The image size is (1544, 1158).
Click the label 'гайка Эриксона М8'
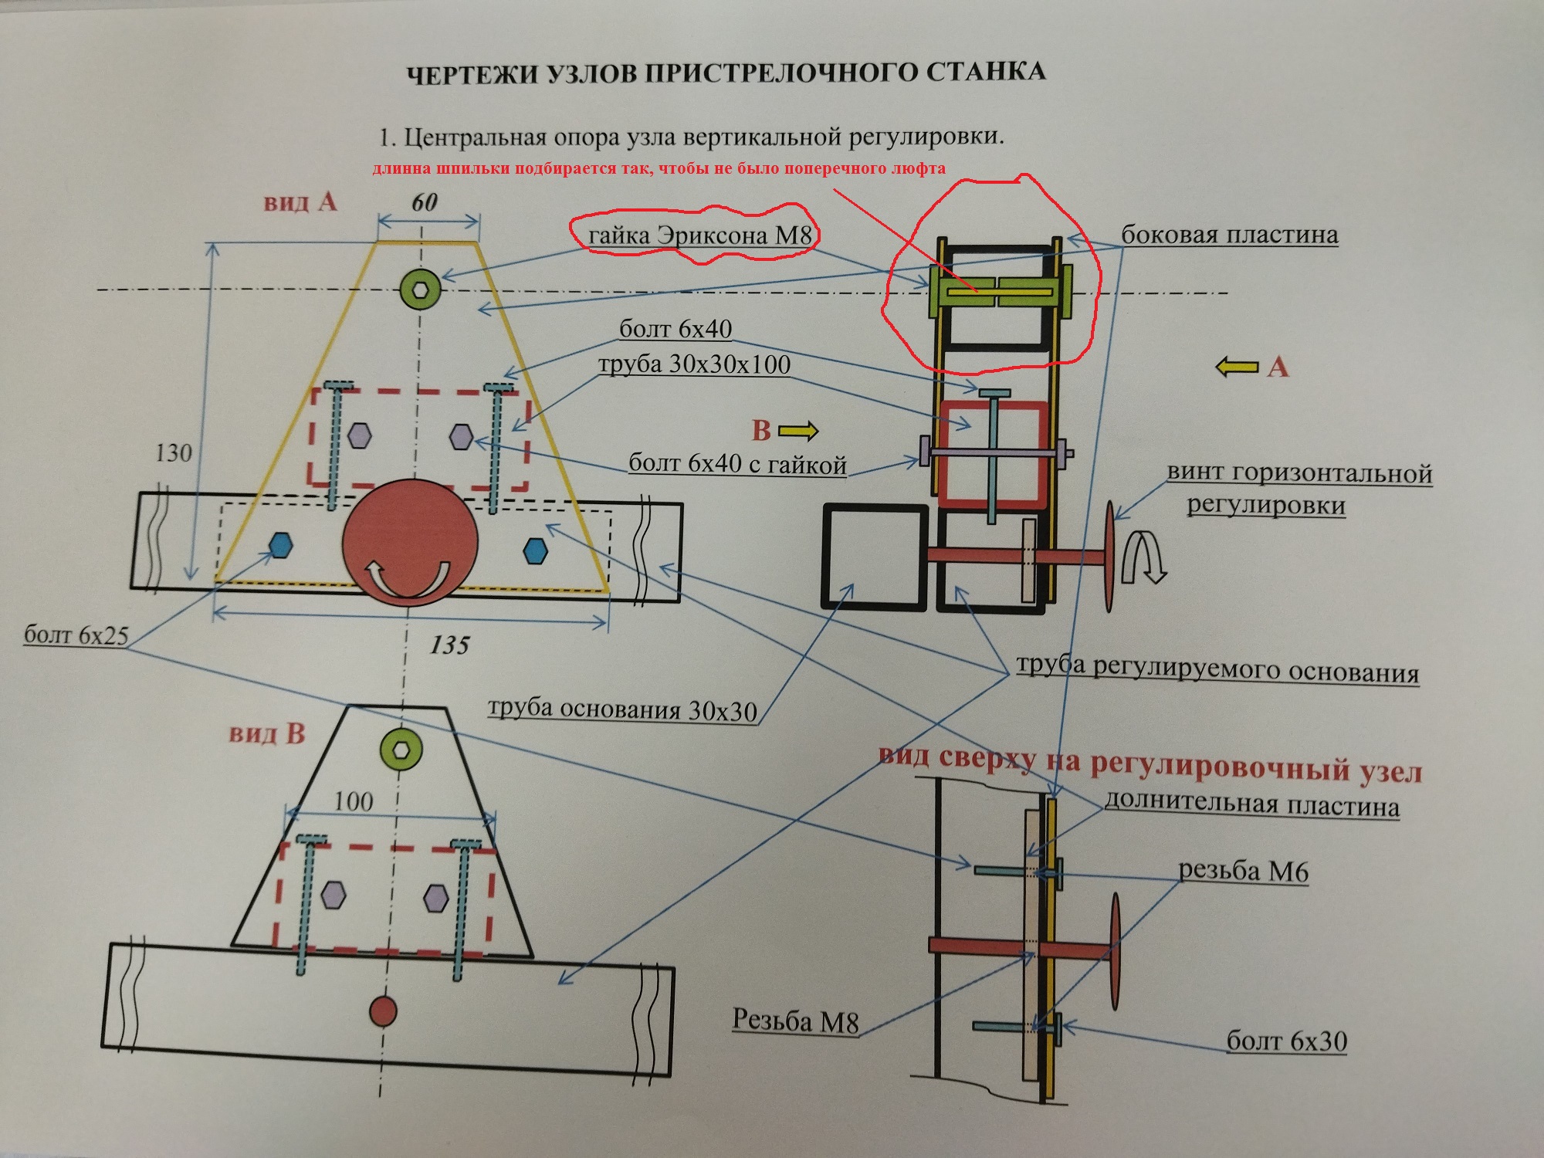699,235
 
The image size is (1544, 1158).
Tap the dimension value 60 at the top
425,202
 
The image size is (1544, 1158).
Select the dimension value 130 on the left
173,452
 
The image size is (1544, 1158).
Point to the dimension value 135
449,645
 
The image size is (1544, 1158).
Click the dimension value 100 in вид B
354,801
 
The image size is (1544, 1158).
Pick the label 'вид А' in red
300,202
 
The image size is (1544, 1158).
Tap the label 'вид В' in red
267,733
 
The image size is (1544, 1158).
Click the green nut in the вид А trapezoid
421,289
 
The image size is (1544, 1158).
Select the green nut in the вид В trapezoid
401,749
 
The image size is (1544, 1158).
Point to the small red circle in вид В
383,1011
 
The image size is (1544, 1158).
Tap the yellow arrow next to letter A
1237,367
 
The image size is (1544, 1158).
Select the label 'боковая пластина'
1229,235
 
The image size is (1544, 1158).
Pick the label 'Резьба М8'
795,1021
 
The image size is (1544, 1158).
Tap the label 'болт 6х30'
1287,1041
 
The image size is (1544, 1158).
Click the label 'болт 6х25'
76,635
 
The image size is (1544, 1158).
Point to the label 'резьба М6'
1243,872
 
